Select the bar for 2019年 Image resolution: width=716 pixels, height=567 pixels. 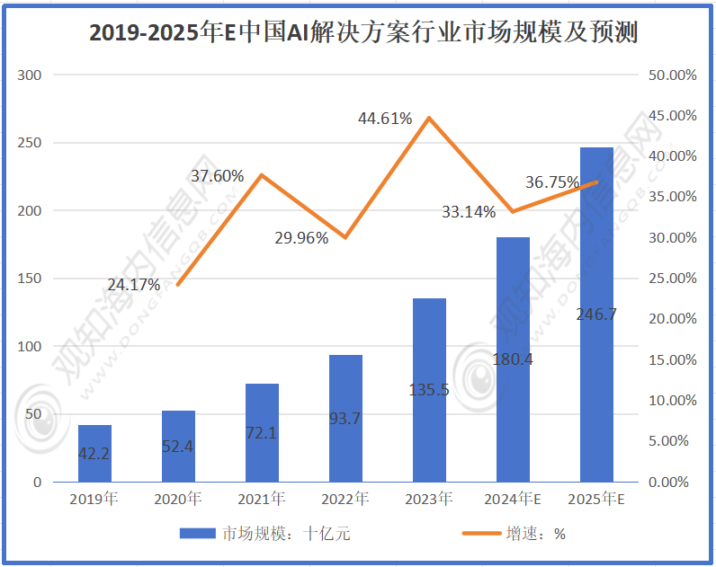(94, 453)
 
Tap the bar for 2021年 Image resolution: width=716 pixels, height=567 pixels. (262, 432)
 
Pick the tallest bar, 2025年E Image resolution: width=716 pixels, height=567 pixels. (596, 315)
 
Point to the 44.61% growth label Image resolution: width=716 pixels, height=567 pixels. (385, 118)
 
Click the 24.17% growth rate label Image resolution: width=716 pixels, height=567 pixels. (134, 285)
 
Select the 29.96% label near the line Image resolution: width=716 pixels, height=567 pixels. (301, 238)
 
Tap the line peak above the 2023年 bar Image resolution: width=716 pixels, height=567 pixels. (429, 118)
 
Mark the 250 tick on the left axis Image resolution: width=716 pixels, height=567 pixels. (31, 143)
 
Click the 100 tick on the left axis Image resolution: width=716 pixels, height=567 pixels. (31, 346)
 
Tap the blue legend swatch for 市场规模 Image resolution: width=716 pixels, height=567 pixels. (198, 533)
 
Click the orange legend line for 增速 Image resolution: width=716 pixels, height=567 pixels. (481, 533)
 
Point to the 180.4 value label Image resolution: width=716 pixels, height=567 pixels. (513, 360)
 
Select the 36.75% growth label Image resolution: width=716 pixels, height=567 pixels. (552, 182)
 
